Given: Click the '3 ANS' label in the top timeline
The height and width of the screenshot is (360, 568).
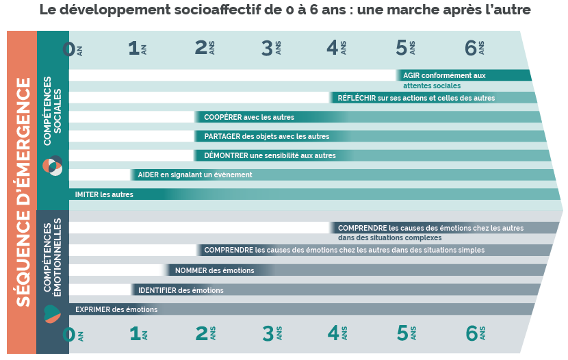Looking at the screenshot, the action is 271,48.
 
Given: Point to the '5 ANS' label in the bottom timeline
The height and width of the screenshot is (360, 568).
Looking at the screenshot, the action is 406,333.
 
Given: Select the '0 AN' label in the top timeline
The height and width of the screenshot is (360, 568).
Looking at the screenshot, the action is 73,49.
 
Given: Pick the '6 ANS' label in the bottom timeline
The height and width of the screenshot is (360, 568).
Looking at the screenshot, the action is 476,333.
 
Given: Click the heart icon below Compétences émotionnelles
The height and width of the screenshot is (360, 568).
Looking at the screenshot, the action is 52,313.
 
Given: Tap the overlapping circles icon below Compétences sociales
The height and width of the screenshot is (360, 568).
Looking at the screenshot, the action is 53,166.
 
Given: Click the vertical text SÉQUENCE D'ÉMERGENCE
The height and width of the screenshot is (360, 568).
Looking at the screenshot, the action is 23,192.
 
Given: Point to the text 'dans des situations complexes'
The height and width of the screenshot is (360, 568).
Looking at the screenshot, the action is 390,238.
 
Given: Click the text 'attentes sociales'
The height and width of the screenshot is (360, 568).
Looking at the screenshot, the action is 432,86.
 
